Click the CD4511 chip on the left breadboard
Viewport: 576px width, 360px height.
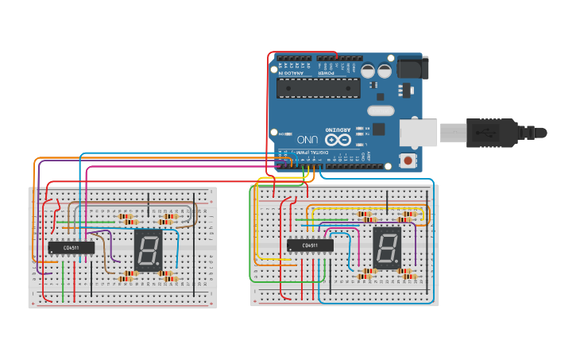click(72, 248)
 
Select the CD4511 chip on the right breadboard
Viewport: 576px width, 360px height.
click(310, 246)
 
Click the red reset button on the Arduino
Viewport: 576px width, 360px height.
click(408, 161)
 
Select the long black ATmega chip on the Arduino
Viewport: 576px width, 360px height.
click(318, 88)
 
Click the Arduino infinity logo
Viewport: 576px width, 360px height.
click(338, 139)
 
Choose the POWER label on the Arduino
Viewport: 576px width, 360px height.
click(327, 73)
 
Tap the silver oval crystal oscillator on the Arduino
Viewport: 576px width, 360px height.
click(381, 110)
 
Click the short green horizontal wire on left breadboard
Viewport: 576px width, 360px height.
click(101, 221)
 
